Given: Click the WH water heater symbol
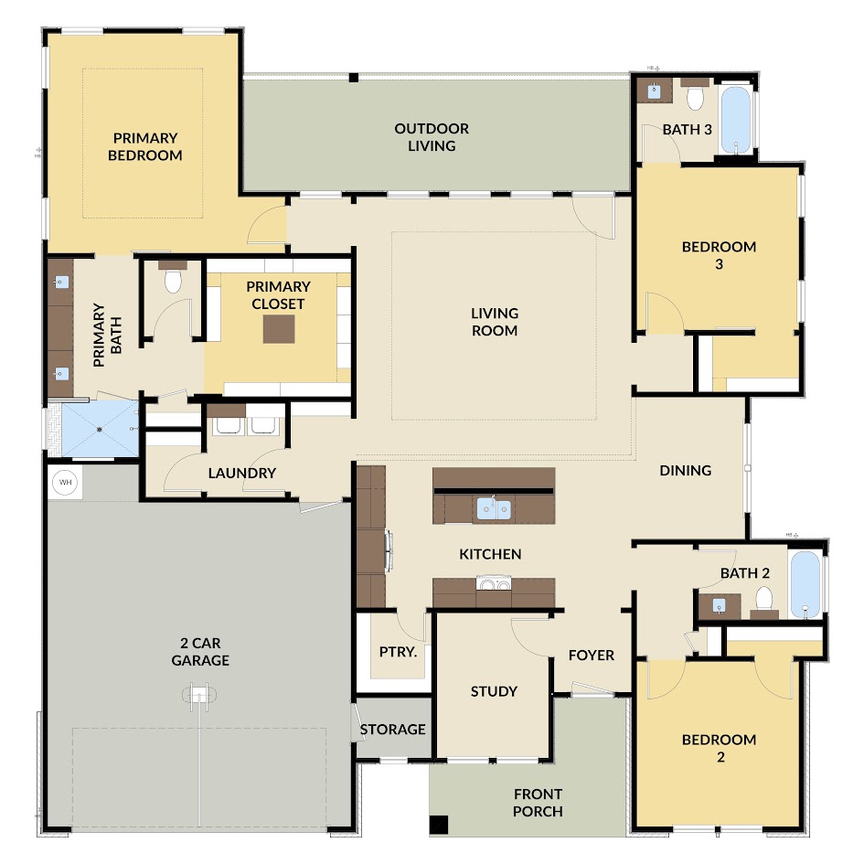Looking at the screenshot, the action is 65,483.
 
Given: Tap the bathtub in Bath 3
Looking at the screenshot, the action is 736,120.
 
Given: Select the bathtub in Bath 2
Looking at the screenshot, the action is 805,584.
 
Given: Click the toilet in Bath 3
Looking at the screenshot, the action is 695,98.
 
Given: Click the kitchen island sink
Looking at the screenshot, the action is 493,509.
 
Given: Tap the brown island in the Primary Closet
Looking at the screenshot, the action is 278,329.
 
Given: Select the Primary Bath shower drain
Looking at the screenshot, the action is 100,429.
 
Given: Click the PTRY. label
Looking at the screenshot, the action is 398,652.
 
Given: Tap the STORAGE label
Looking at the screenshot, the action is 392,730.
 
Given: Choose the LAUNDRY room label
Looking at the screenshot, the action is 242,473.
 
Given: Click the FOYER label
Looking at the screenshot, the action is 592,656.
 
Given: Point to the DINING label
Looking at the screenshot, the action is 686,470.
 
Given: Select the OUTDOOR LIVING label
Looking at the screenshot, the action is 432,137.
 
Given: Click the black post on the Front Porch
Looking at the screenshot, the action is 439,825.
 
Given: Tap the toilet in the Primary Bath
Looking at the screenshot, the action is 173,280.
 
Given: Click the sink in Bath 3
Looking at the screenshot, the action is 654,91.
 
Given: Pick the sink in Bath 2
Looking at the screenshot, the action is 719,606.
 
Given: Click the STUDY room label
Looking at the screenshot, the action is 494,691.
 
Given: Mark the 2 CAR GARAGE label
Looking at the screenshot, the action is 200,651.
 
